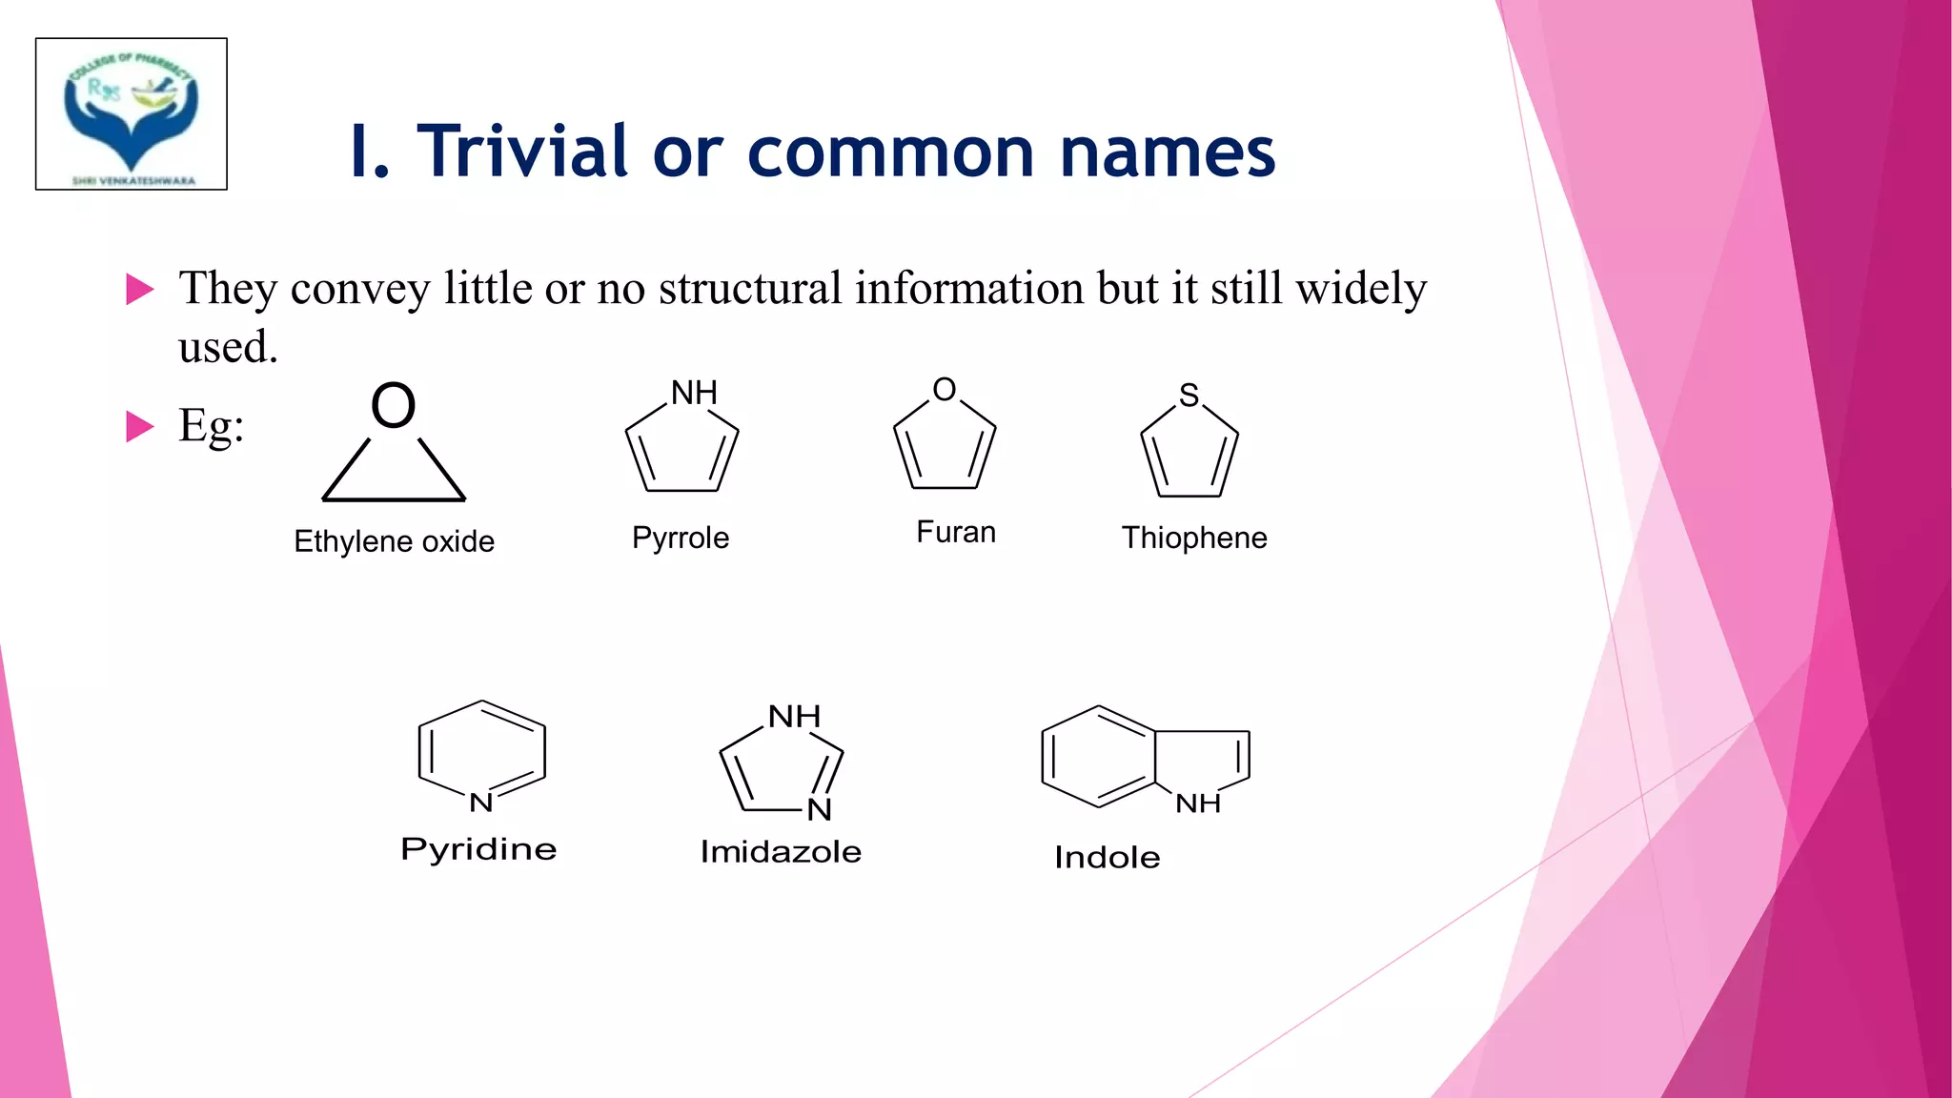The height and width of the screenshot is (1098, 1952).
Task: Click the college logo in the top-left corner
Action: (132, 114)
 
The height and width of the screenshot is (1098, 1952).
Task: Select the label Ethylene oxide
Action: (394, 541)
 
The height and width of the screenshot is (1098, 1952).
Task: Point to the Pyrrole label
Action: (681, 538)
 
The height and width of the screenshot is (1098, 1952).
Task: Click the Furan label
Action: (956, 532)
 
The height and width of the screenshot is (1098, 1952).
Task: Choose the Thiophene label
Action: (1194, 538)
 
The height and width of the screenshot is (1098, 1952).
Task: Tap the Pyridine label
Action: (478, 848)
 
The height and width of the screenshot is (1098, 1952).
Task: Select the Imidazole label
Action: (781, 851)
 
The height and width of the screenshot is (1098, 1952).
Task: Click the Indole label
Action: (1107, 857)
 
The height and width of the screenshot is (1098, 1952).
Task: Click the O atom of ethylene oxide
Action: (394, 405)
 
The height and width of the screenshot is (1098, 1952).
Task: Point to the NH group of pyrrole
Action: (694, 393)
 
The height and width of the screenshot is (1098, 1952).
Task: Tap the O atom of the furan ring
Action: (945, 389)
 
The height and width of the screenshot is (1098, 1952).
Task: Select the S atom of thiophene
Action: (1189, 395)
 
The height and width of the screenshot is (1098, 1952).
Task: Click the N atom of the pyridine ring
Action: (481, 803)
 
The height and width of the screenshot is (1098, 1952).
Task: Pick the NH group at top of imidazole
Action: (794, 716)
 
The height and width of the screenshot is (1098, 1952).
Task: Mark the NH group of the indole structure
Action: (1198, 803)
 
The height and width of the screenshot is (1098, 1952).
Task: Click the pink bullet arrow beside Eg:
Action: (139, 426)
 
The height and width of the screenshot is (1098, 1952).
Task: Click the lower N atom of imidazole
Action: (819, 810)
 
